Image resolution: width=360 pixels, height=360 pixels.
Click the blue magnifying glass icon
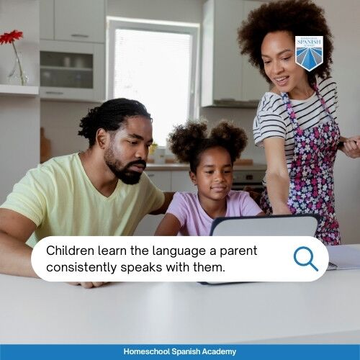click(x=305, y=258)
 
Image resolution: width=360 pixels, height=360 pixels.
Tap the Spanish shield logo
click(x=308, y=53)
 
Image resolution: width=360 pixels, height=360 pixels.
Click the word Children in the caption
click(x=70, y=251)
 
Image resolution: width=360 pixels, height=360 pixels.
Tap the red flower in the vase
click(x=10, y=37)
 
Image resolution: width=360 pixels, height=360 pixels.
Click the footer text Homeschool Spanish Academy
click(x=180, y=351)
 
